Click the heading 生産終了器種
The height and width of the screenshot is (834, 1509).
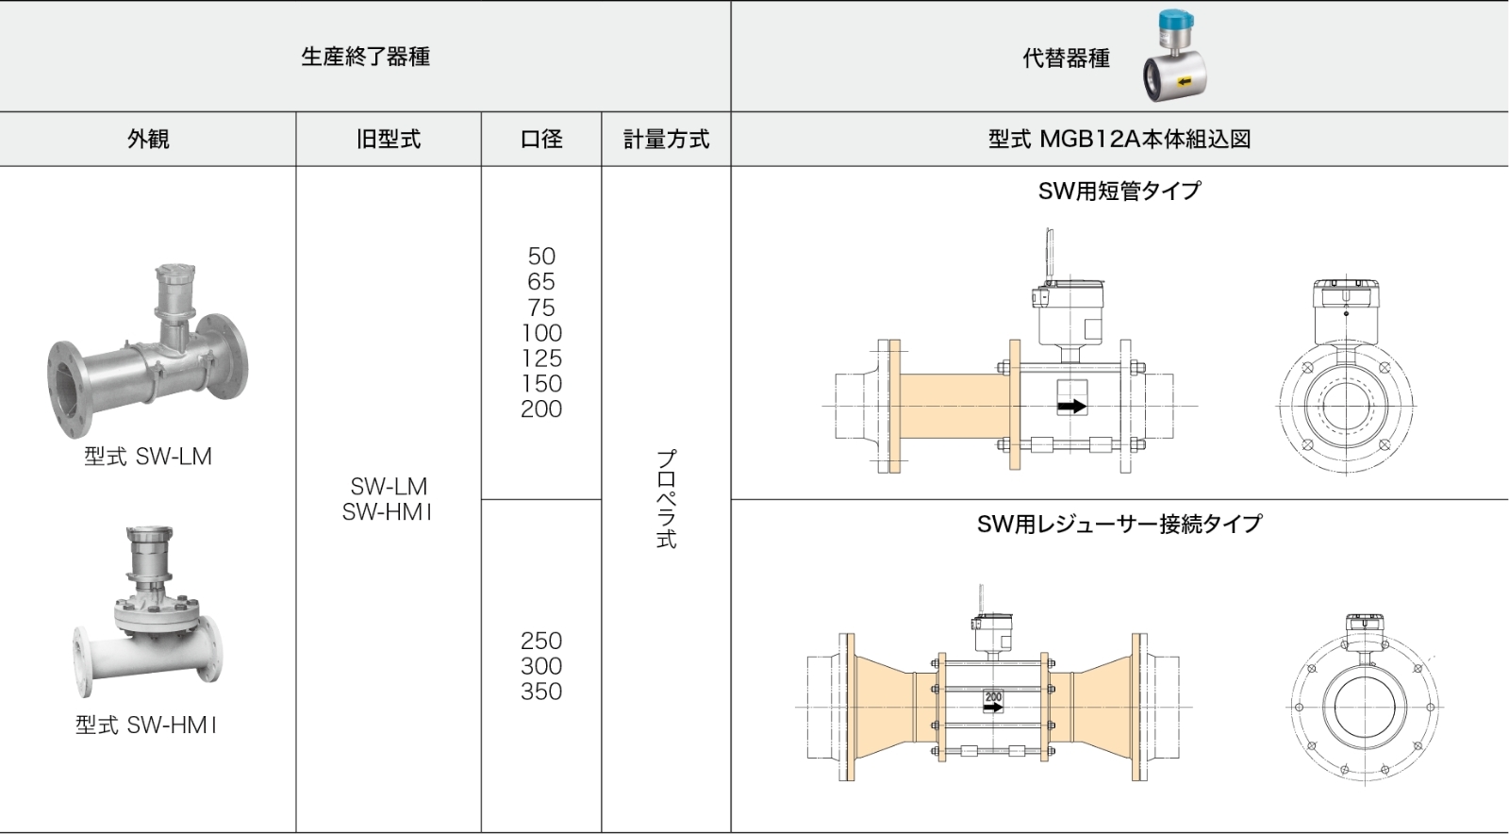click(x=365, y=57)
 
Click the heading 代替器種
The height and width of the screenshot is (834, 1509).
click(x=1066, y=58)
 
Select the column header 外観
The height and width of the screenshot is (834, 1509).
click(x=148, y=140)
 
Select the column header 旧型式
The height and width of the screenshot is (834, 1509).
click(x=389, y=140)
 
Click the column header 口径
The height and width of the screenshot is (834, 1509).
click(x=541, y=140)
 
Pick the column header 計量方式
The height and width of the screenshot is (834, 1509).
click(x=666, y=140)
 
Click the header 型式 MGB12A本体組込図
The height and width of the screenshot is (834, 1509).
click(x=1119, y=140)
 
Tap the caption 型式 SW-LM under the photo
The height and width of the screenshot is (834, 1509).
click(x=148, y=457)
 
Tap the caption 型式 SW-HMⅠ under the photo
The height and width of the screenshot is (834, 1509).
click(x=147, y=726)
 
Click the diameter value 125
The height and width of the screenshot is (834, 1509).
click(x=541, y=359)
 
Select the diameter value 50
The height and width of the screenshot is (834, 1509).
click(x=541, y=257)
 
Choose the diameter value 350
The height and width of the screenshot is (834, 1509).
click(x=541, y=692)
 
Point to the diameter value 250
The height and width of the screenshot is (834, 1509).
click(x=541, y=641)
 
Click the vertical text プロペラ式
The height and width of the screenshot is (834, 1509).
click(x=666, y=499)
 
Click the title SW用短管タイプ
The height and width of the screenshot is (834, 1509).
click(x=1119, y=192)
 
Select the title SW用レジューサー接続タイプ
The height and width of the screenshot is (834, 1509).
click(x=1119, y=524)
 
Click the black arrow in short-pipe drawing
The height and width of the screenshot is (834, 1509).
click(x=1071, y=407)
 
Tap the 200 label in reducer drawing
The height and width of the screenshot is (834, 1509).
click(x=993, y=697)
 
